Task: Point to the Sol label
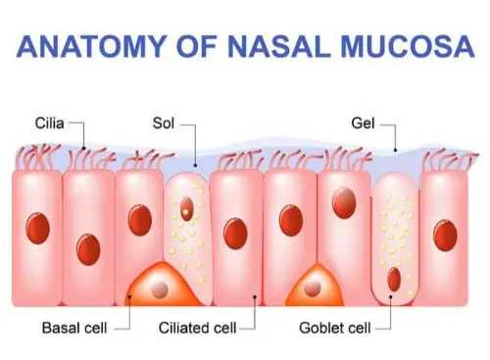(x=164, y=125)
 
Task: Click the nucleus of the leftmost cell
(x=37, y=231)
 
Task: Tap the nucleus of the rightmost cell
(x=447, y=233)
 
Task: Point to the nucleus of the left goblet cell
(x=186, y=208)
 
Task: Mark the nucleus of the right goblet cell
(x=394, y=280)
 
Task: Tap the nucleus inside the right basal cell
(x=314, y=287)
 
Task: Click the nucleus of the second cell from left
(x=87, y=249)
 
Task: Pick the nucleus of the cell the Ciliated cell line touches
(x=235, y=233)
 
